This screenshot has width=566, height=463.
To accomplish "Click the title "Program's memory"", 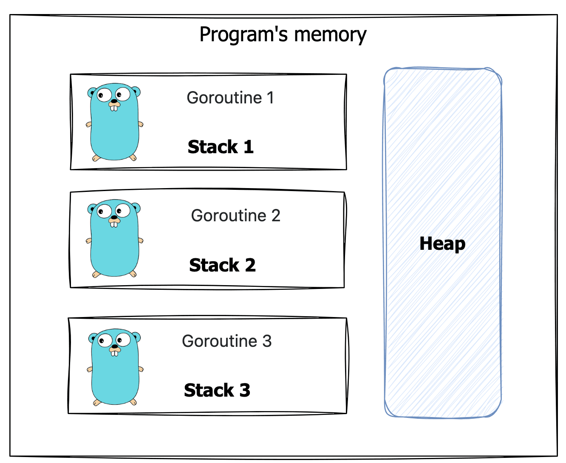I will (283, 35).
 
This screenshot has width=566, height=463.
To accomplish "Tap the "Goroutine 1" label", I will (230, 98).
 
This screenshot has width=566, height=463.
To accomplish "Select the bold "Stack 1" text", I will (221, 147).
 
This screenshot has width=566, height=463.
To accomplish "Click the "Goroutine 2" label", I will (235, 216).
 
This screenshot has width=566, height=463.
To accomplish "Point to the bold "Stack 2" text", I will (222, 265).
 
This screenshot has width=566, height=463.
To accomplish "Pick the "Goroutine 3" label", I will (226, 341).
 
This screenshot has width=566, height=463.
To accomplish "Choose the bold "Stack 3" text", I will (217, 390).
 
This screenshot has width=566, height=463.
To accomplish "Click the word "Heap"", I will (442, 244).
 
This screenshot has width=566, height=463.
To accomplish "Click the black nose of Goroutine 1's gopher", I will (114, 101).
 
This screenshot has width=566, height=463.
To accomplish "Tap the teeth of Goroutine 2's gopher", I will (114, 224).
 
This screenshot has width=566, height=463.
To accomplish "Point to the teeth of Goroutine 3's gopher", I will (115, 353).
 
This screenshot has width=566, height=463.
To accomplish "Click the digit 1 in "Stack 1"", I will (249, 147).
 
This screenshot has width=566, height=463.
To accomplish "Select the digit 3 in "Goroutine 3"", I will (267, 341).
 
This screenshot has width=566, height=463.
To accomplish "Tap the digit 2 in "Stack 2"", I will (250, 265).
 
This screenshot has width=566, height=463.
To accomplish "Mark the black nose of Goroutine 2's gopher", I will (114, 217).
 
